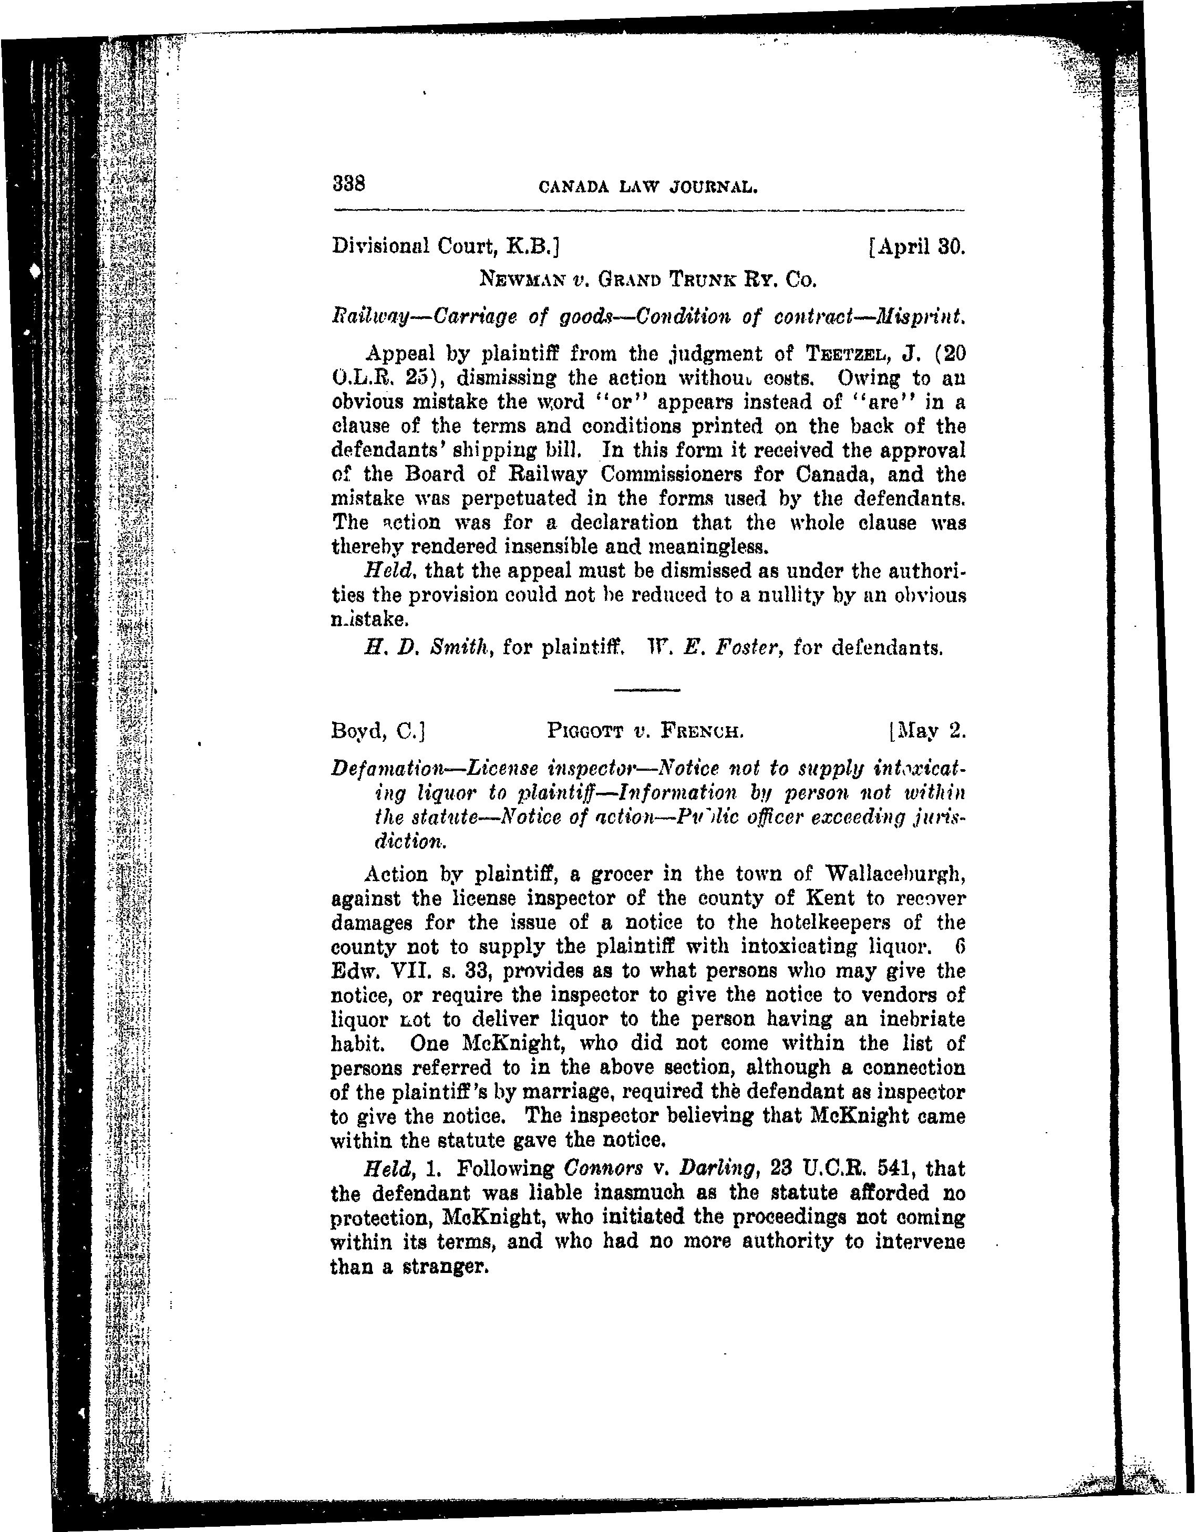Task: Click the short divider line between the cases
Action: click(x=647, y=691)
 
